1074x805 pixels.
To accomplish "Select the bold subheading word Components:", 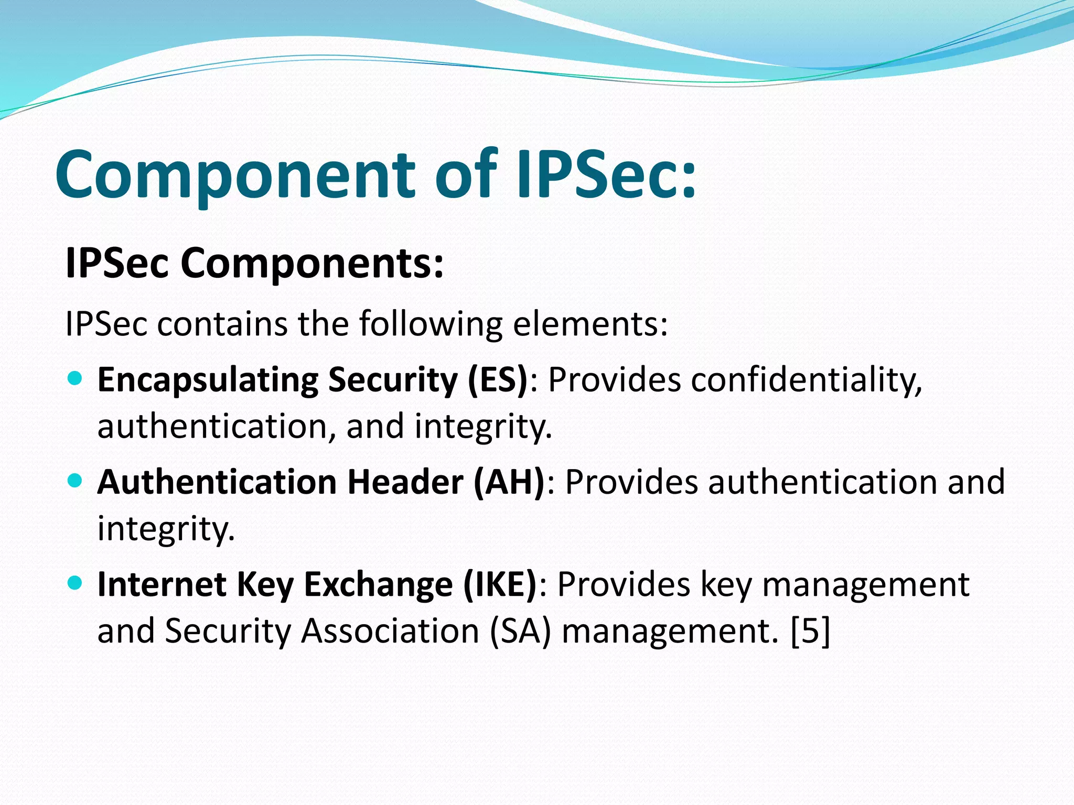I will [x=312, y=264].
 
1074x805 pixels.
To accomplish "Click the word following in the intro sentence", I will [x=431, y=324].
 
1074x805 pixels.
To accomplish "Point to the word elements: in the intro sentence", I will [x=590, y=324].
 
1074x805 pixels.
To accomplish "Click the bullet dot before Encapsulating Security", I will [x=76, y=378].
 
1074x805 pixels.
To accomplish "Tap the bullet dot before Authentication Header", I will [x=76, y=480].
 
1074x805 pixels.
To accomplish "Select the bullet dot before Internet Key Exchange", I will [x=76, y=582].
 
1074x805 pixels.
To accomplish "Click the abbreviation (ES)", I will [x=498, y=379].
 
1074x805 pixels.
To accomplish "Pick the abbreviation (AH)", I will [x=509, y=482].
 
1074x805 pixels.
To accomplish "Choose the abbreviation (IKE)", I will [x=500, y=584].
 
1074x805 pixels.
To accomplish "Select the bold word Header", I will [x=405, y=482].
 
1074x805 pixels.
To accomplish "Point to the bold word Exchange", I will [x=378, y=584].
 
